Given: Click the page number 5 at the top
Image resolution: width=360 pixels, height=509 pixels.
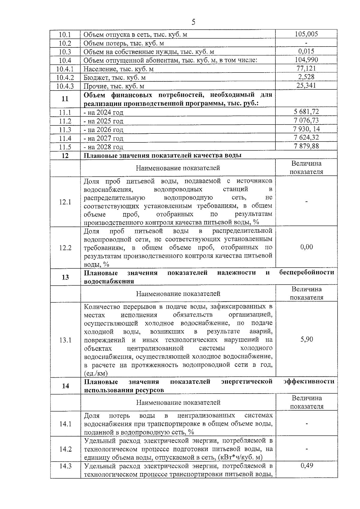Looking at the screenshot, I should click(x=193, y=22).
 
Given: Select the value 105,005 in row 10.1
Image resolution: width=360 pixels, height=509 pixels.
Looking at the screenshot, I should click(x=306, y=34).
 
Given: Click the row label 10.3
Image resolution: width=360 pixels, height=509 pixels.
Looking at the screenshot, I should click(x=65, y=52).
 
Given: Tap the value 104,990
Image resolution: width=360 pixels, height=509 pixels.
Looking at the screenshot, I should click(x=306, y=60).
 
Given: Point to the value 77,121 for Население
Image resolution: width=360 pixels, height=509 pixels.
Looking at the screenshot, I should click(x=306, y=68).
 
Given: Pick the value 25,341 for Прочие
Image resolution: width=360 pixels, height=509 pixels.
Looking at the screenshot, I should click(x=306, y=85).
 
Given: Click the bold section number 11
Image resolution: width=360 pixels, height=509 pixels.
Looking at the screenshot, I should click(x=65, y=99).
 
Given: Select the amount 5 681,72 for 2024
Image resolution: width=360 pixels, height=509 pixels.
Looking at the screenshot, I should click(x=306, y=112).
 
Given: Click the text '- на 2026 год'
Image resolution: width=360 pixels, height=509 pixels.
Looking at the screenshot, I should click(x=103, y=130).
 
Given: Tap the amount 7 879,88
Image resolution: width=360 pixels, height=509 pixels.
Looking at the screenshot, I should click(x=306, y=146).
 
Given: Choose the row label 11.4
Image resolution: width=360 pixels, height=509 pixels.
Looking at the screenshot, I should click(x=65, y=138).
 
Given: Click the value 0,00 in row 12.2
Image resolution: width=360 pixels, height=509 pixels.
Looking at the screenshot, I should click(x=306, y=247).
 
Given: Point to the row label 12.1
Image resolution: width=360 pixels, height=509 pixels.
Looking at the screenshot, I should click(x=65, y=202).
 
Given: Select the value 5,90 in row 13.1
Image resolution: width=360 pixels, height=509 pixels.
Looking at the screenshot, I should click(x=306, y=339).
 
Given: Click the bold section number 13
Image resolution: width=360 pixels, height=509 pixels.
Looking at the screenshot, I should click(x=65, y=277).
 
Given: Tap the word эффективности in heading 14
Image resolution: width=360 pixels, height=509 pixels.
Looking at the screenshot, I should click(x=309, y=382).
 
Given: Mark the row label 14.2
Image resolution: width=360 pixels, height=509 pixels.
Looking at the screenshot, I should click(x=65, y=449).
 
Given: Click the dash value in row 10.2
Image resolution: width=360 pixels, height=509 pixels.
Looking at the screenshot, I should click(x=306, y=43).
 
